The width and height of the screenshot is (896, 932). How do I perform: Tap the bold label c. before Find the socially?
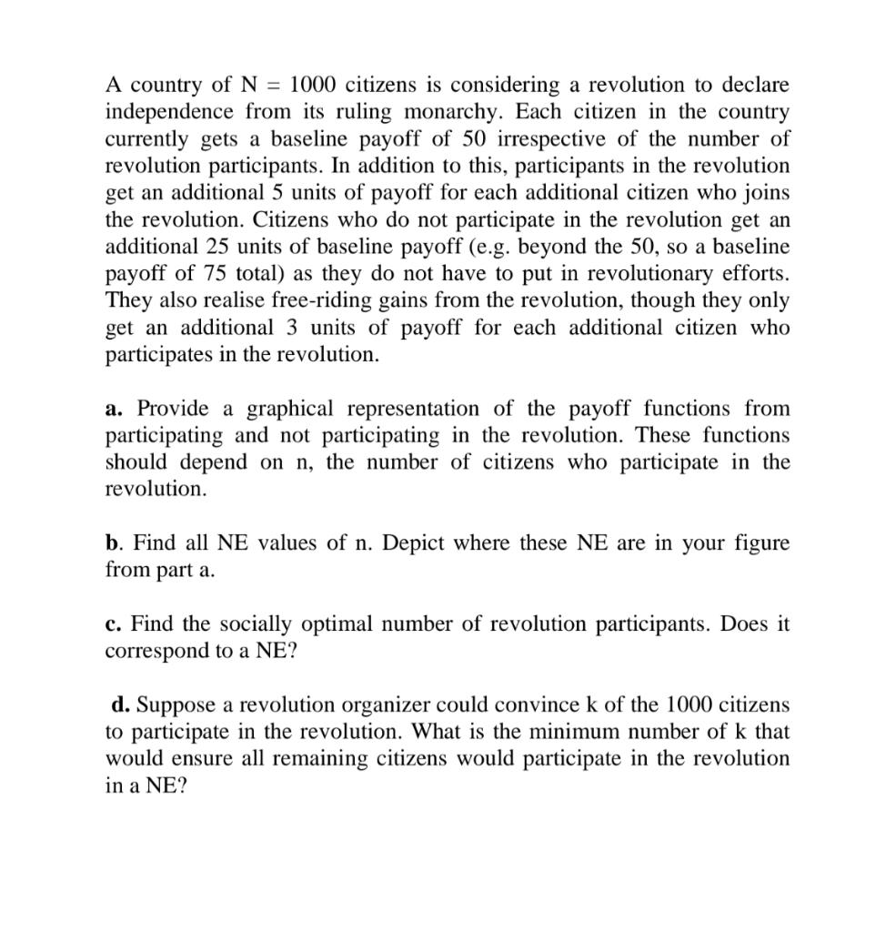click(x=114, y=624)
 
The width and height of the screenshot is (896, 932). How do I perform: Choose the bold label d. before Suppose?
click(x=120, y=705)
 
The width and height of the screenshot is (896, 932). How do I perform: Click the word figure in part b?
click(x=759, y=543)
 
